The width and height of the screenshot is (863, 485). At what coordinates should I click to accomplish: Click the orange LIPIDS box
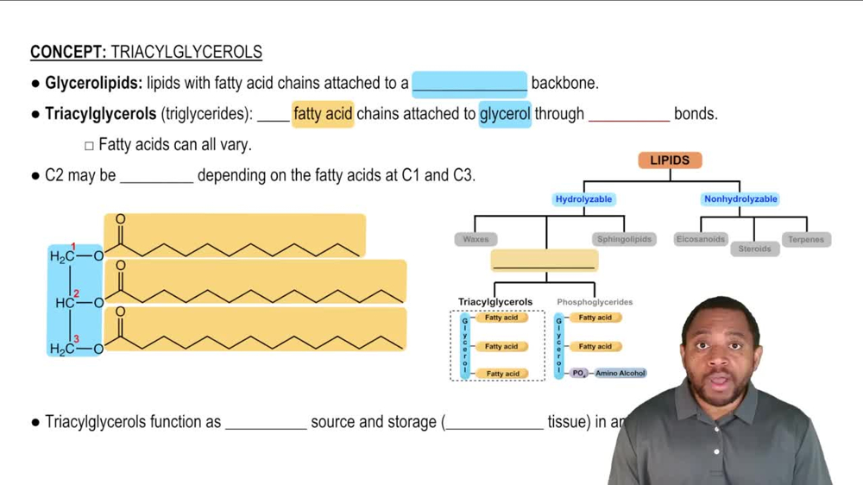pyautogui.click(x=670, y=161)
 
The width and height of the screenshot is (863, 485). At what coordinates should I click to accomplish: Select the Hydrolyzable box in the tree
pyautogui.click(x=583, y=199)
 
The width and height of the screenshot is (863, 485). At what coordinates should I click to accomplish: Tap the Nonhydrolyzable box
pyautogui.click(x=740, y=199)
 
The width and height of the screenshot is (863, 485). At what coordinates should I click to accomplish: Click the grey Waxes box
pyautogui.click(x=476, y=239)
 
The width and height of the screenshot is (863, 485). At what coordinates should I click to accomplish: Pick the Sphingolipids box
pyautogui.click(x=624, y=239)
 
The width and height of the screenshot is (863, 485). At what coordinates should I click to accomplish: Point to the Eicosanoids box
pyautogui.click(x=701, y=239)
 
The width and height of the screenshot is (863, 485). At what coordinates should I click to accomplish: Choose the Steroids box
pyautogui.click(x=754, y=249)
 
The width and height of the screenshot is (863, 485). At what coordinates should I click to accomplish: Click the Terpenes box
pyautogui.click(x=806, y=239)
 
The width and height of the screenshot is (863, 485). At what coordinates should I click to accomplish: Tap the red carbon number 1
pyautogui.click(x=74, y=248)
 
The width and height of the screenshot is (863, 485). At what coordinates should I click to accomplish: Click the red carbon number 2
pyautogui.click(x=76, y=294)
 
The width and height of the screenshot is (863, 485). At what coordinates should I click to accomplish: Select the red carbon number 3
pyautogui.click(x=76, y=340)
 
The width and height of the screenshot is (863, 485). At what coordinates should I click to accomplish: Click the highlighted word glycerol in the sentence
pyautogui.click(x=505, y=114)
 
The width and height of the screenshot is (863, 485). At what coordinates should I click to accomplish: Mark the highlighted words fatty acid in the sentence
pyautogui.click(x=323, y=114)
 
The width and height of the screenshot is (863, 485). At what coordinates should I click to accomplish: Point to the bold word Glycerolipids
pyautogui.click(x=93, y=84)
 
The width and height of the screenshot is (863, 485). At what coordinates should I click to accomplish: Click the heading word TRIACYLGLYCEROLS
pyautogui.click(x=186, y=52)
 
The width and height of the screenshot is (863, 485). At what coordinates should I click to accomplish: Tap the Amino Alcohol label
pyautogui.click(x=620, y=374)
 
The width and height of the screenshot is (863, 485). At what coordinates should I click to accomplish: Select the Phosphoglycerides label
pyautogui.click(x=595, y=302)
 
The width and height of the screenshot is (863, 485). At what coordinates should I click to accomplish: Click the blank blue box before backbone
pyautogui.click(x=469, y=84)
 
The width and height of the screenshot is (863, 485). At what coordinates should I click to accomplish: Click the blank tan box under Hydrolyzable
pyautogui.click(x=545, y=260)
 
